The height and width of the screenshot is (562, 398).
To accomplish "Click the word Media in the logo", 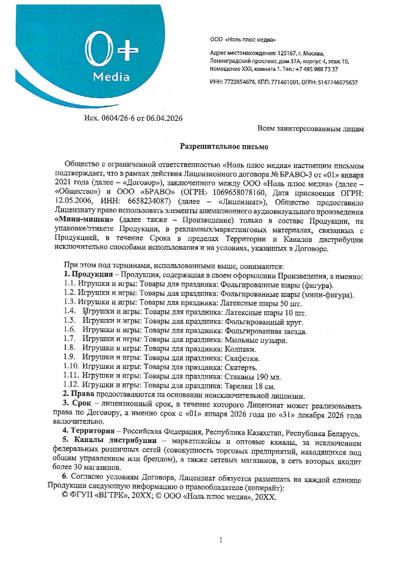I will [111, 77].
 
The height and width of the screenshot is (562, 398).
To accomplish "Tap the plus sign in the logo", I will [127, 51].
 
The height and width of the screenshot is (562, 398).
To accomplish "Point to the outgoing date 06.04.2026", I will [164, 118].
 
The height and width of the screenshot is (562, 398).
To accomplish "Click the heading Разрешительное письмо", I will [224, 147].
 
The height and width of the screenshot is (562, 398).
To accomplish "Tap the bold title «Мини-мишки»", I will [84, 221].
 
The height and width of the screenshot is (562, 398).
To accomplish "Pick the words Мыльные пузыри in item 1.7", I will [256, 340].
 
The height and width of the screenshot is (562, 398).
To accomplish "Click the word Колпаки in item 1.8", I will [240, 349].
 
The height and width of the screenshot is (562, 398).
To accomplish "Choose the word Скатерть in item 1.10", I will [241, 367].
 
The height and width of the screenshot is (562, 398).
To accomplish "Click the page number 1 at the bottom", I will [221, 540].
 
